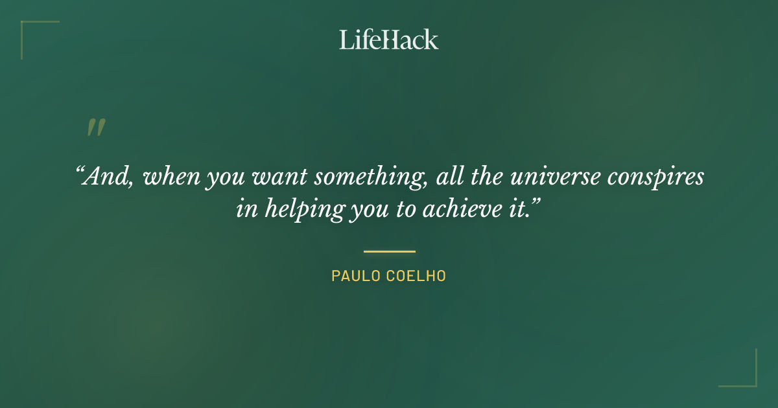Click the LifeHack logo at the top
[x=389, y=40]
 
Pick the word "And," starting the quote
[x=106, y=177]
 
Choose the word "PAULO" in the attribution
[x=354, y=276]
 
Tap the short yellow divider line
[x=389, y=251]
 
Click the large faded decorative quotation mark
[x=95, y=128]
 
